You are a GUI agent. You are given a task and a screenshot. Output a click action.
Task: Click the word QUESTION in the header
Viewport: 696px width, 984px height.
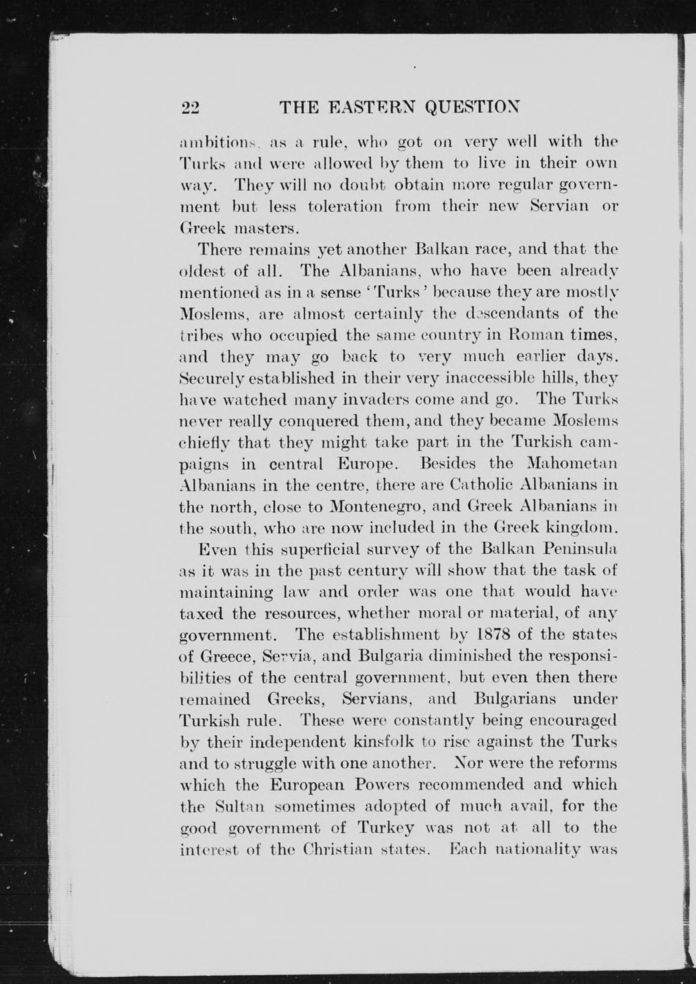point(472,107)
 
